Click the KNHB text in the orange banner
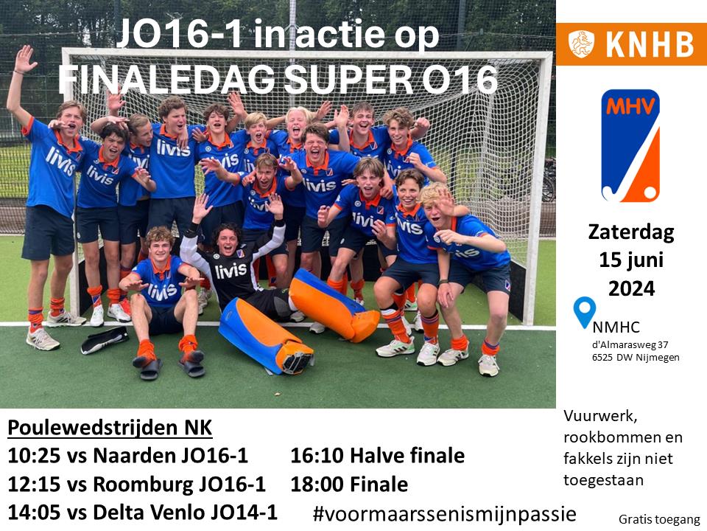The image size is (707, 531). (650, 44)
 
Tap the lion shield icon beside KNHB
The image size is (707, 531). (581, 44)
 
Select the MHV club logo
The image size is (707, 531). (630, 145)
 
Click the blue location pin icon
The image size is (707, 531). (584, 311)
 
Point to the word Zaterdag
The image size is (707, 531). (631, 232)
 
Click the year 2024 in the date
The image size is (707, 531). (631, 288)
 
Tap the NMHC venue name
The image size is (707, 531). (616, 327)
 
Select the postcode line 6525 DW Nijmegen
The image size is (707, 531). (636, 357)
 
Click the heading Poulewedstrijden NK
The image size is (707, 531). (110, 428)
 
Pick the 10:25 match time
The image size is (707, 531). (34, 456)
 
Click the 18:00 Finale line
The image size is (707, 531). (349, 485)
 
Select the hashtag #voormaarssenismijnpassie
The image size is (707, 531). (445, 514)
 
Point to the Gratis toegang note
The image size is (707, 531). (659, 520)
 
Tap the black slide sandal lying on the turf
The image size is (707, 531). (105, 340)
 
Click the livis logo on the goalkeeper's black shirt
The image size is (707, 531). (231, 271)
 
